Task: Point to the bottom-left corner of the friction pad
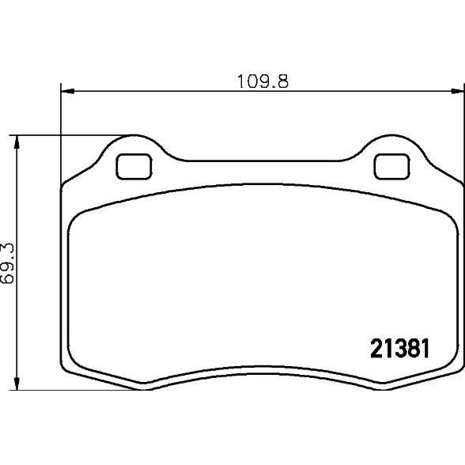click(x=77, y=366)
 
